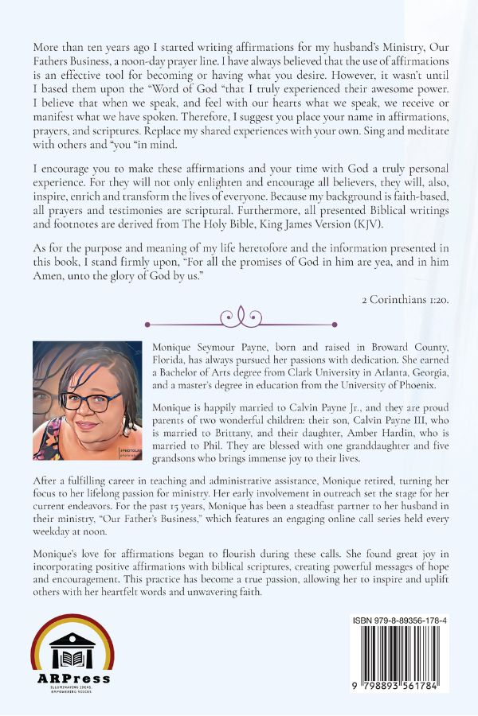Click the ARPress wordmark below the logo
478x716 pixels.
[72, 678]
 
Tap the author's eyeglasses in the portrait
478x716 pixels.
[88, 402]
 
